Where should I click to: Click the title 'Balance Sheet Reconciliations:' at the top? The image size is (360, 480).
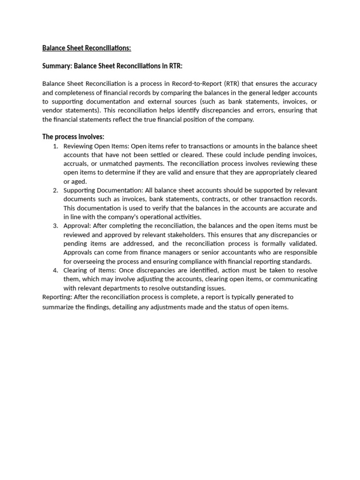pyautogui.click(x=87, y=48)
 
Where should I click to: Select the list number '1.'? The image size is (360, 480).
pyautogui.click(x=55, y=146)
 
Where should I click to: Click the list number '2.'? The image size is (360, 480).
pyautogui.click(x=55, y=190)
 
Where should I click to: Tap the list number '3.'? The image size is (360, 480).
pyautogui.click(x=55, y=226)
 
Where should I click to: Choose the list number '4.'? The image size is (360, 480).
pyautogui.click(x=55, y=270)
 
